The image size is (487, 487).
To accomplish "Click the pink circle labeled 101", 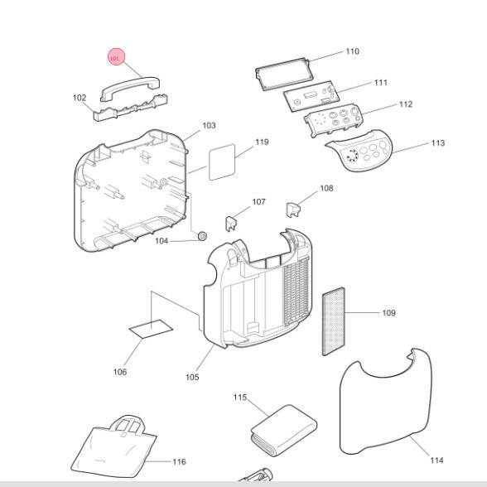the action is [x=117, y=57].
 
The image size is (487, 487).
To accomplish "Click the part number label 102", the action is [x=80, y=98].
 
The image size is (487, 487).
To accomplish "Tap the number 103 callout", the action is [x=209, y=126].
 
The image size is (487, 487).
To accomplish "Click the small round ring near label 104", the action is [x=202, y=236].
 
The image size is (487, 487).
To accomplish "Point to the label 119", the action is [x=262, y=142].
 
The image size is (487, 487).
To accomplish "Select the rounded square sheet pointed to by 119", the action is [x=222, y=162].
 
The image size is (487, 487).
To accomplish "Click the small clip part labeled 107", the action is [x=231, y=224].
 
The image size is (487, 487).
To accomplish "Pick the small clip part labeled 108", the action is [x=292, y=210].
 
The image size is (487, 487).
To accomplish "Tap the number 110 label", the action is [x=353, y=51].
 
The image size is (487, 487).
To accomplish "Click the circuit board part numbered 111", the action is [x=311, y=96].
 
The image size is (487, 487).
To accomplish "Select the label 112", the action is [x=406, y=104].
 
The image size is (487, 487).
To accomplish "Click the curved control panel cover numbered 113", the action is [x=360, y=150].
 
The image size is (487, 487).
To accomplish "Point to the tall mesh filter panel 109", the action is [x=334, y=321].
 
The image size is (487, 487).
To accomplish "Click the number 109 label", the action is [x=389, y=313].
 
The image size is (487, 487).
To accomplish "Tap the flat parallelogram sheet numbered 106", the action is [x=151, y=329].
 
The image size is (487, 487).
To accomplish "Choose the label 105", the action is [x=192, y=377].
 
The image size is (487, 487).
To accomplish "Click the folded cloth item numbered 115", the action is [x=283, y=430].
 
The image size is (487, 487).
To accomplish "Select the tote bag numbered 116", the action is [x=114, y=447].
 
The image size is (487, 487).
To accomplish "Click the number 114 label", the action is [x=436, y=460].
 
